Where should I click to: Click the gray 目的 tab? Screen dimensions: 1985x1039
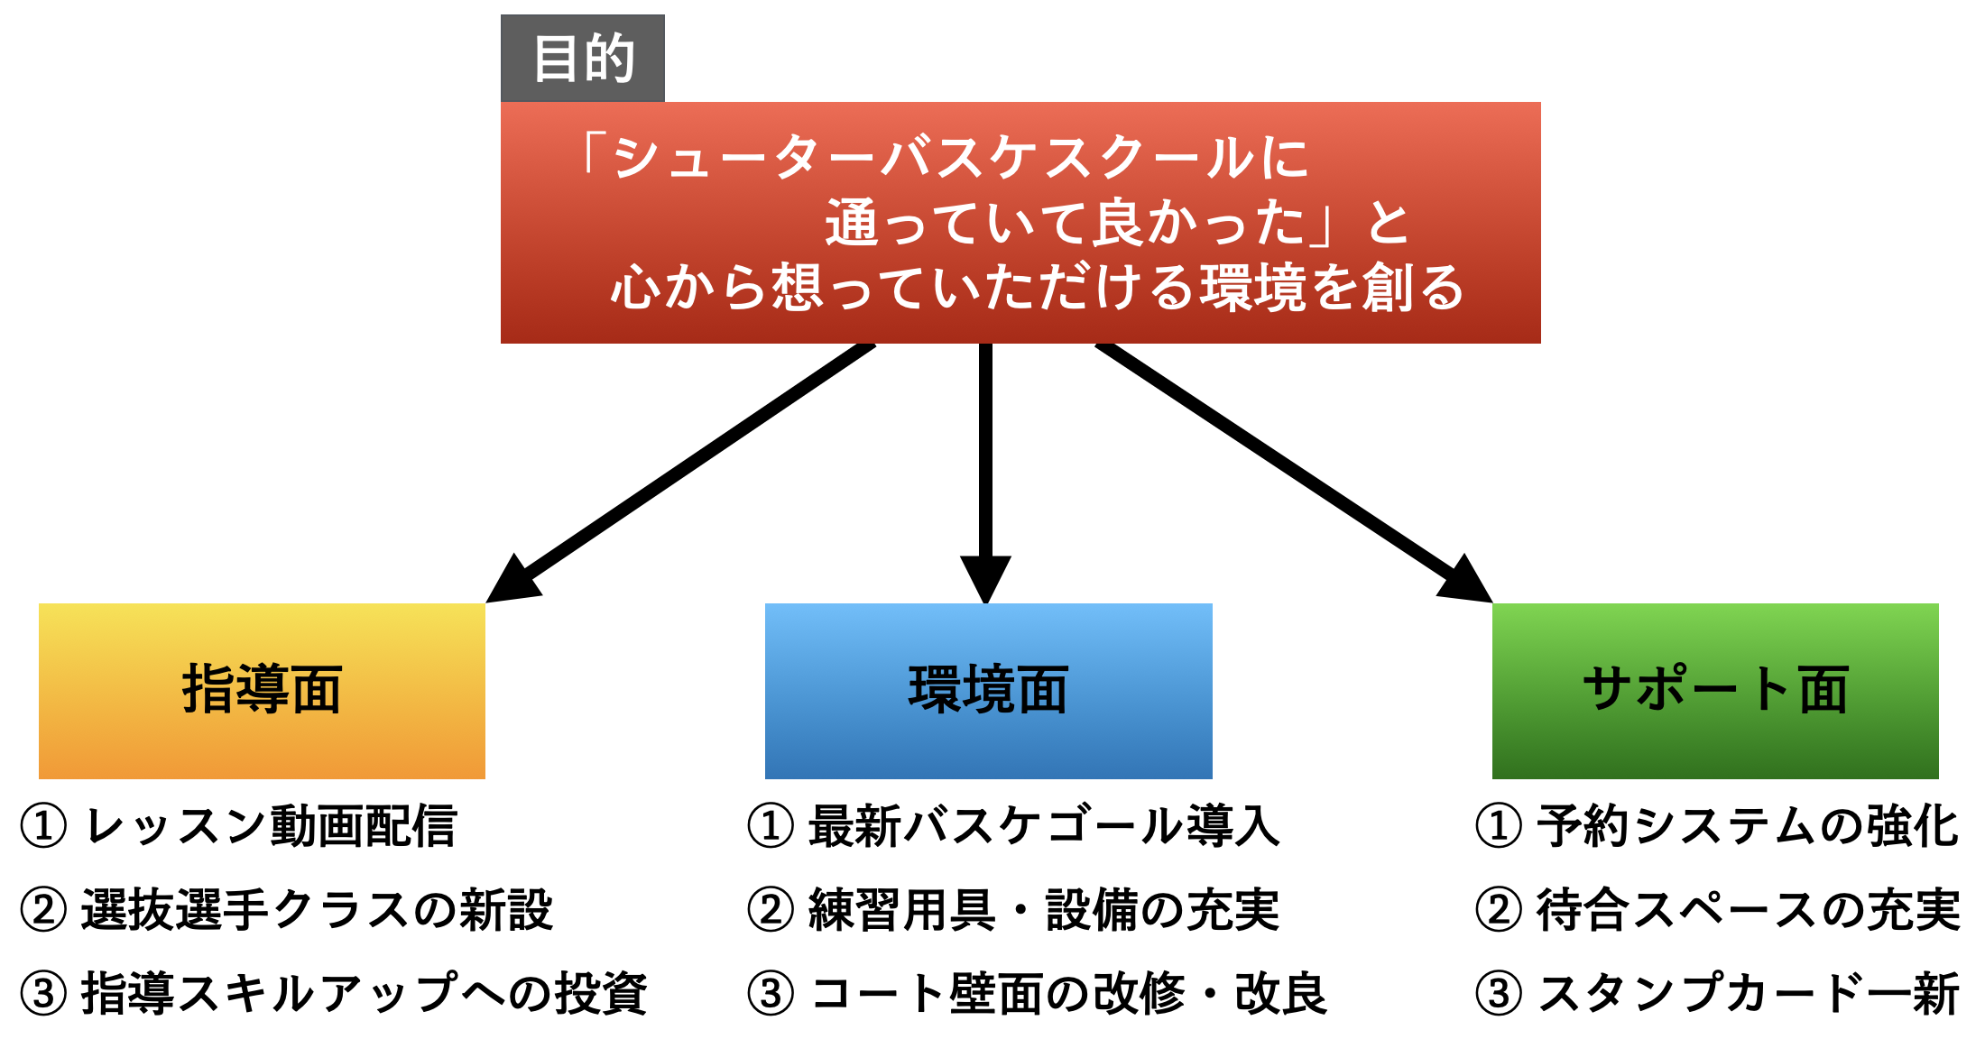pyautogui.click(x=583, y=58)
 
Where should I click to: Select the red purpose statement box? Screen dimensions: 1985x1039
pyautogui.click(x=1020, y=223)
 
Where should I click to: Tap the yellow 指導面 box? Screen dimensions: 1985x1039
pyautogui.click(x=262, y=691)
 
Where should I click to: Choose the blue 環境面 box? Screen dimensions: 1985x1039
pyautogui.click(x=989, y=691)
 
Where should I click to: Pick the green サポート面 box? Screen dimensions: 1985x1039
pyautogui.click(x=1715, y=691)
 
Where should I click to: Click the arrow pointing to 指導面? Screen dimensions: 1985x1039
pyautogui.click(x=680, y=473)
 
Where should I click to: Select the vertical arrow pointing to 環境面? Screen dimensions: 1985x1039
pyautogui.click(x=985, y=474)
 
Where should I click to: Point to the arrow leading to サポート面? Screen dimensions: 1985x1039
pyautogui.click(x=1294, y=473)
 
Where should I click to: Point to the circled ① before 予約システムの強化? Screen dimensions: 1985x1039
pyautogui.click(x=1499, y=826)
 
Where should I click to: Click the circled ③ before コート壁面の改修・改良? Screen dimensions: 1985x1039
pyautogui.click(x=771, y=993)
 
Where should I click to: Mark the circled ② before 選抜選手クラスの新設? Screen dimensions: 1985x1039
pyautogui.click(x=43, y=909)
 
